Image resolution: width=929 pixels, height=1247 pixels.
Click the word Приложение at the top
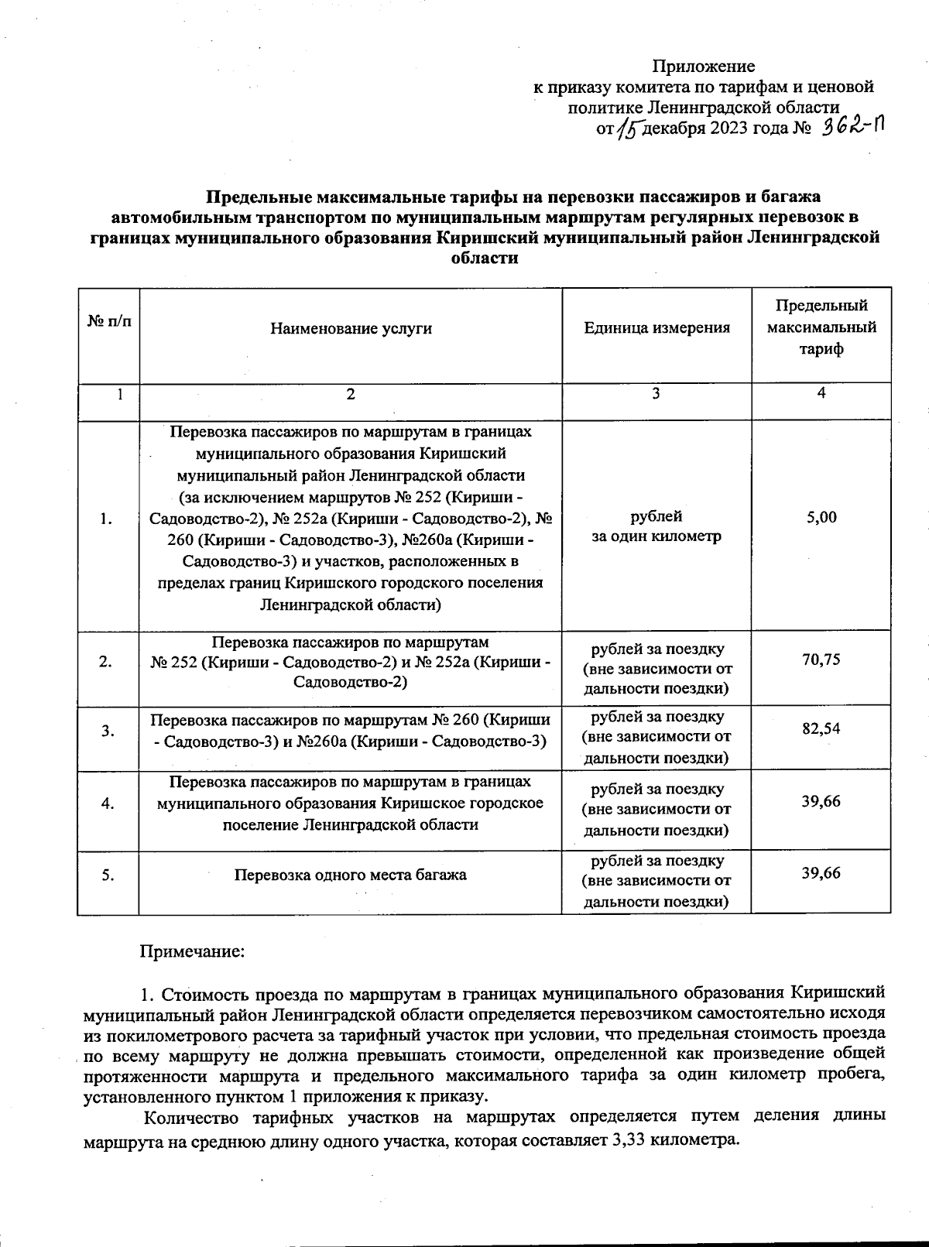tap(703, 67)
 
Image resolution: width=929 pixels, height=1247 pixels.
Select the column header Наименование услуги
tap(351, 328)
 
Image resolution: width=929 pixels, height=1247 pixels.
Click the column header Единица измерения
tap(656, 328)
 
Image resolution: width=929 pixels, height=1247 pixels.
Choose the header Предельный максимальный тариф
tap(821, 327)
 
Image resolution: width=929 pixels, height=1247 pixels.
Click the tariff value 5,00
tap(821, 517)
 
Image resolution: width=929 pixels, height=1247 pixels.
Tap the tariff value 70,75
tap(821, 659)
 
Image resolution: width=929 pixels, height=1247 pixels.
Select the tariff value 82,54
tap(821, 728)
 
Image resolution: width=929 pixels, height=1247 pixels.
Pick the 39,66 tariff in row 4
tap(821, 801)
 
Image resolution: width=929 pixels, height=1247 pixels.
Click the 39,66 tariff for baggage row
tap(821, 873)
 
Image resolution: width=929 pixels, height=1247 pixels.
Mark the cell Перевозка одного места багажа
tap(351, 875)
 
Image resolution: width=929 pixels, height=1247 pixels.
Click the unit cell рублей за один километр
tap(656, 526)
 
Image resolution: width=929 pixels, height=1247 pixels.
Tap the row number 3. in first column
tap(108, 730)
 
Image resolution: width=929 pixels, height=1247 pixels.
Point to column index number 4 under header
tap(821, 393)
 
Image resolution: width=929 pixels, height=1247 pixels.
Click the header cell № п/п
tap(108, 320)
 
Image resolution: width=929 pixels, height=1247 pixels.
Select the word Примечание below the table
tap(192, 951)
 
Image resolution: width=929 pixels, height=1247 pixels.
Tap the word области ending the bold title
tap(484, 259)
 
